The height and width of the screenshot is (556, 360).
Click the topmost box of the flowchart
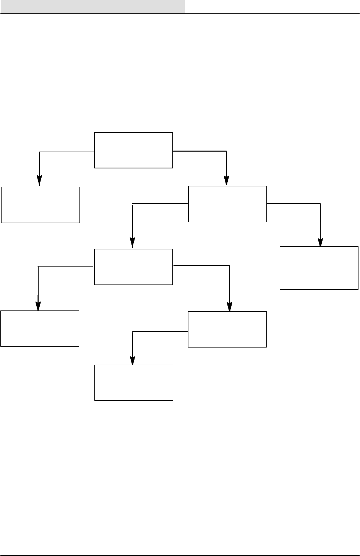133,150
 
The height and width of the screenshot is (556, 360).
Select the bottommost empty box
134,383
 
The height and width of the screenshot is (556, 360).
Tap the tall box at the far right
319,268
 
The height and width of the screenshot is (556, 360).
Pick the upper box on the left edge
41,205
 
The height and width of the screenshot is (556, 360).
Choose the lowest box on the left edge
40,328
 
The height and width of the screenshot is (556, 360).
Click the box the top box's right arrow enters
227,204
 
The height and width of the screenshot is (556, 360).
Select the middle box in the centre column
133,267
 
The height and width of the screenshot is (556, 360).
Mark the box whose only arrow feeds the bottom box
227,329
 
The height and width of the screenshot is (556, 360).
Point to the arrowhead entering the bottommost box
132,361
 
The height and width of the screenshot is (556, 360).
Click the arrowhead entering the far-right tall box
320,242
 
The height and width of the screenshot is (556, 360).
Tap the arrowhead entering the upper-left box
39,181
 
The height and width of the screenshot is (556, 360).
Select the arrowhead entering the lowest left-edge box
38,306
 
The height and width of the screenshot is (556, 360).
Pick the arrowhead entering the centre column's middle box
132,244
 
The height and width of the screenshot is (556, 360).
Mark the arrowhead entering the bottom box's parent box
229,307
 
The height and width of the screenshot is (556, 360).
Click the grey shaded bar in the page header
92,6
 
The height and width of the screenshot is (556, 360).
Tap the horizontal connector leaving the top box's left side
67,152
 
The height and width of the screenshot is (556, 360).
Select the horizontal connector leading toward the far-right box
294,204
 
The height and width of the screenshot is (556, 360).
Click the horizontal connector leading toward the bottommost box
161,331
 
